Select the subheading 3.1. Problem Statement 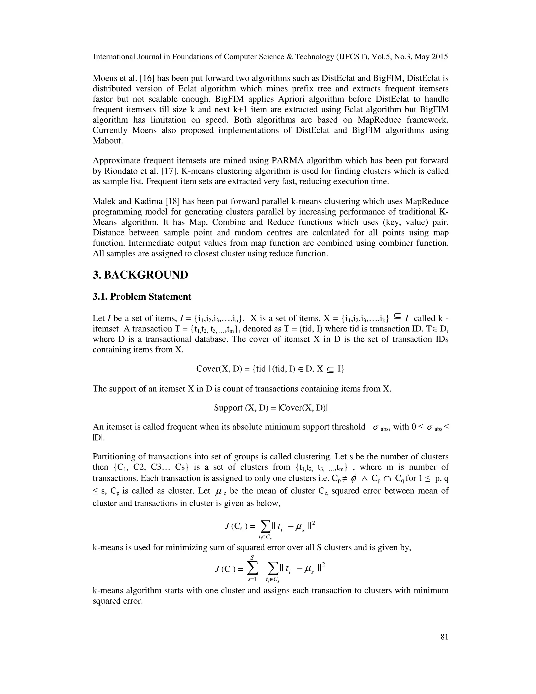click(x=142, y=296)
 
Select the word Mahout click(x=108, y=141)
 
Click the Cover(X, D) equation click(x=270, y=369)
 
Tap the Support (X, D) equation click(x=271, y=408)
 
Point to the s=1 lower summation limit click(x=253, y=579)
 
